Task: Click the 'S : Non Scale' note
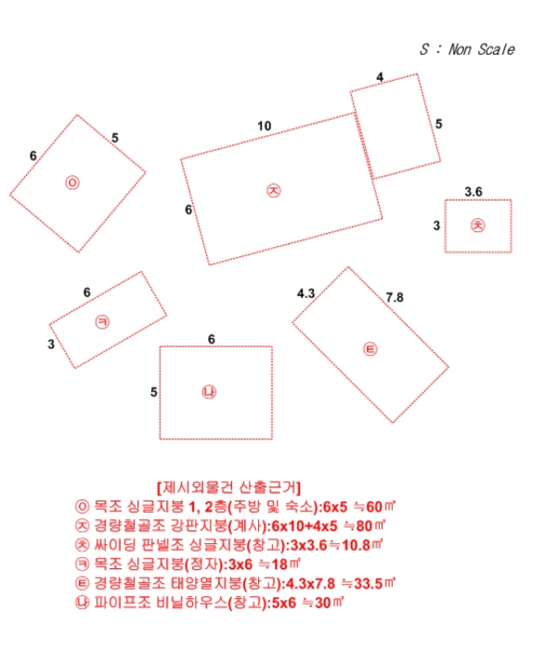click(x=466, y=50)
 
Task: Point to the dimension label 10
click(x=265, y=126)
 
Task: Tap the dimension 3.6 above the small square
click(x=474, y=191)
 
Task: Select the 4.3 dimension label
click(x=306, y=293)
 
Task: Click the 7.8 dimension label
click(x=395, y=297)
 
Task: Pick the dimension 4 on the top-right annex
click(x=380, y=77)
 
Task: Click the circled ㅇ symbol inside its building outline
click(x=72, y=182)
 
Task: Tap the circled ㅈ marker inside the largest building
click(x=273, y=189)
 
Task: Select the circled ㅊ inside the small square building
click(x=477, y=225)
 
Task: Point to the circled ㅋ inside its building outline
click(x=102, y=321)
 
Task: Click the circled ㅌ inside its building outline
click(x=370, y=349)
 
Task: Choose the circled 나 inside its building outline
click(x=209, y=392)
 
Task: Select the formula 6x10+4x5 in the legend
click(x=311, y=526)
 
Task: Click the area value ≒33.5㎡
click(x=367, y=583)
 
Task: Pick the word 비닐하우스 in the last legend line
click(x=197, y=603)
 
